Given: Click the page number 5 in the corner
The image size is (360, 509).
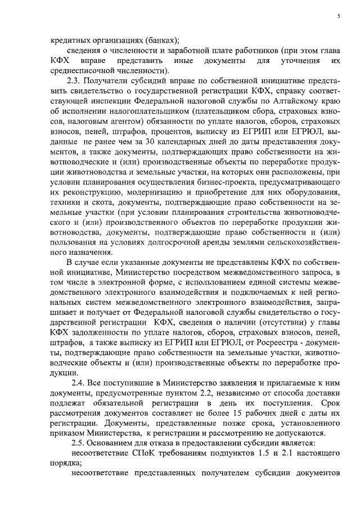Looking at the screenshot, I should click(x=339, y=17).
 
